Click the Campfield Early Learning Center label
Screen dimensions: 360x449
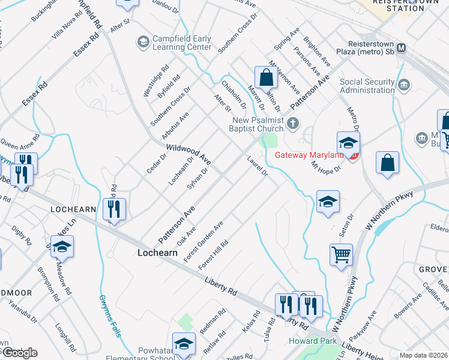tap(181, 43)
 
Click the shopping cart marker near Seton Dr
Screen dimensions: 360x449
tap(342, 254)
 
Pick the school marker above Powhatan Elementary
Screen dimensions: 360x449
tap(184, 343)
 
